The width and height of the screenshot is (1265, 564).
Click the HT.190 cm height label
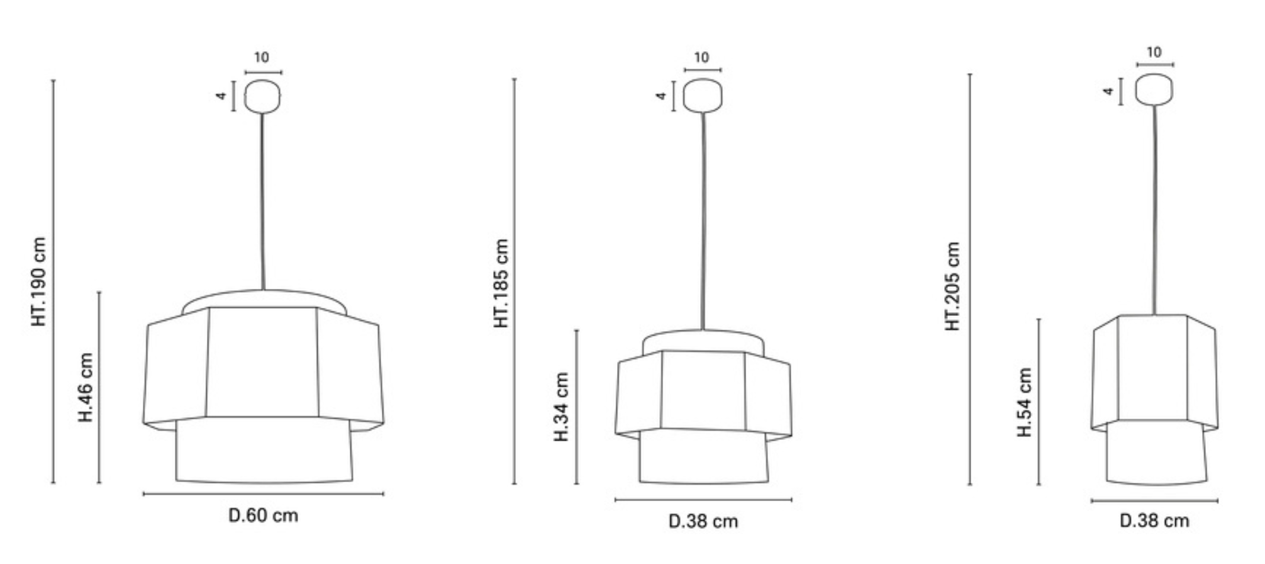[38, 281]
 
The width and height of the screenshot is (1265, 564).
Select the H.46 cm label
[85, 386]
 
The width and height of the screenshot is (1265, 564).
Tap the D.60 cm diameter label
[263, 516]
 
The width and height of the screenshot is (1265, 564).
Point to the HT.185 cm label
[501, 283]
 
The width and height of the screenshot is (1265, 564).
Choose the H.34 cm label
[561, 407]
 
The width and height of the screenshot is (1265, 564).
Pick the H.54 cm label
[1025, 402]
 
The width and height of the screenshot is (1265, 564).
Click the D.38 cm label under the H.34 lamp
[703, 521]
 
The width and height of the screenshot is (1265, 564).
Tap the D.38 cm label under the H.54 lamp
[1154, 521]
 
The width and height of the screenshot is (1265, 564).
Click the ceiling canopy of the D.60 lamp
[262, 96]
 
